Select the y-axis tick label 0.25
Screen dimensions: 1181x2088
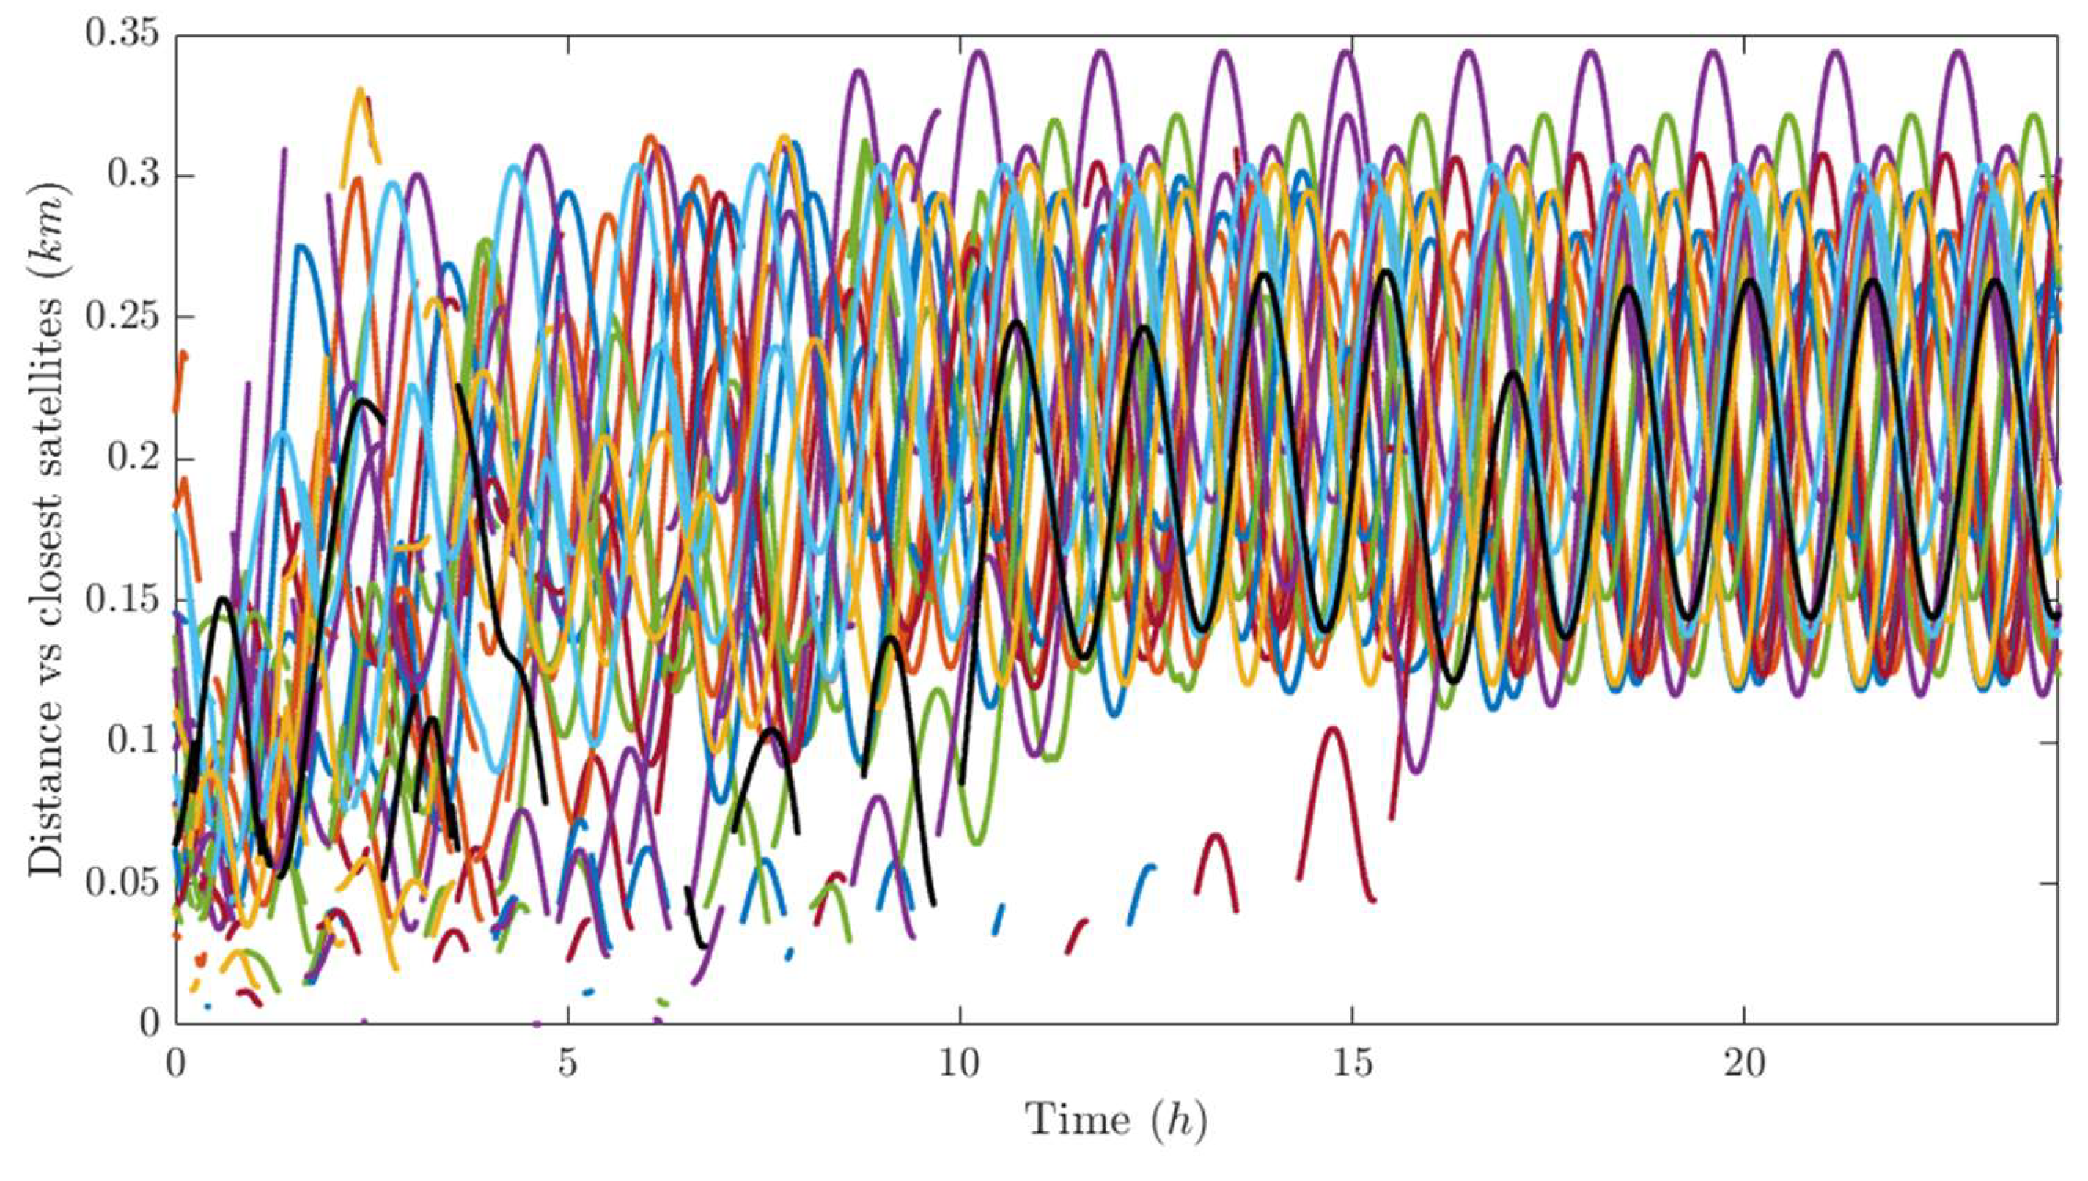click(x=122, y=317)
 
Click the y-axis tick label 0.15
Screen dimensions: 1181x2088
click(x=122, y=600)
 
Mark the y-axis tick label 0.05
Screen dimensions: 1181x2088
click(x=122, y=883)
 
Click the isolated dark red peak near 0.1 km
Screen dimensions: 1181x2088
click(x=1334, y=731)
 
